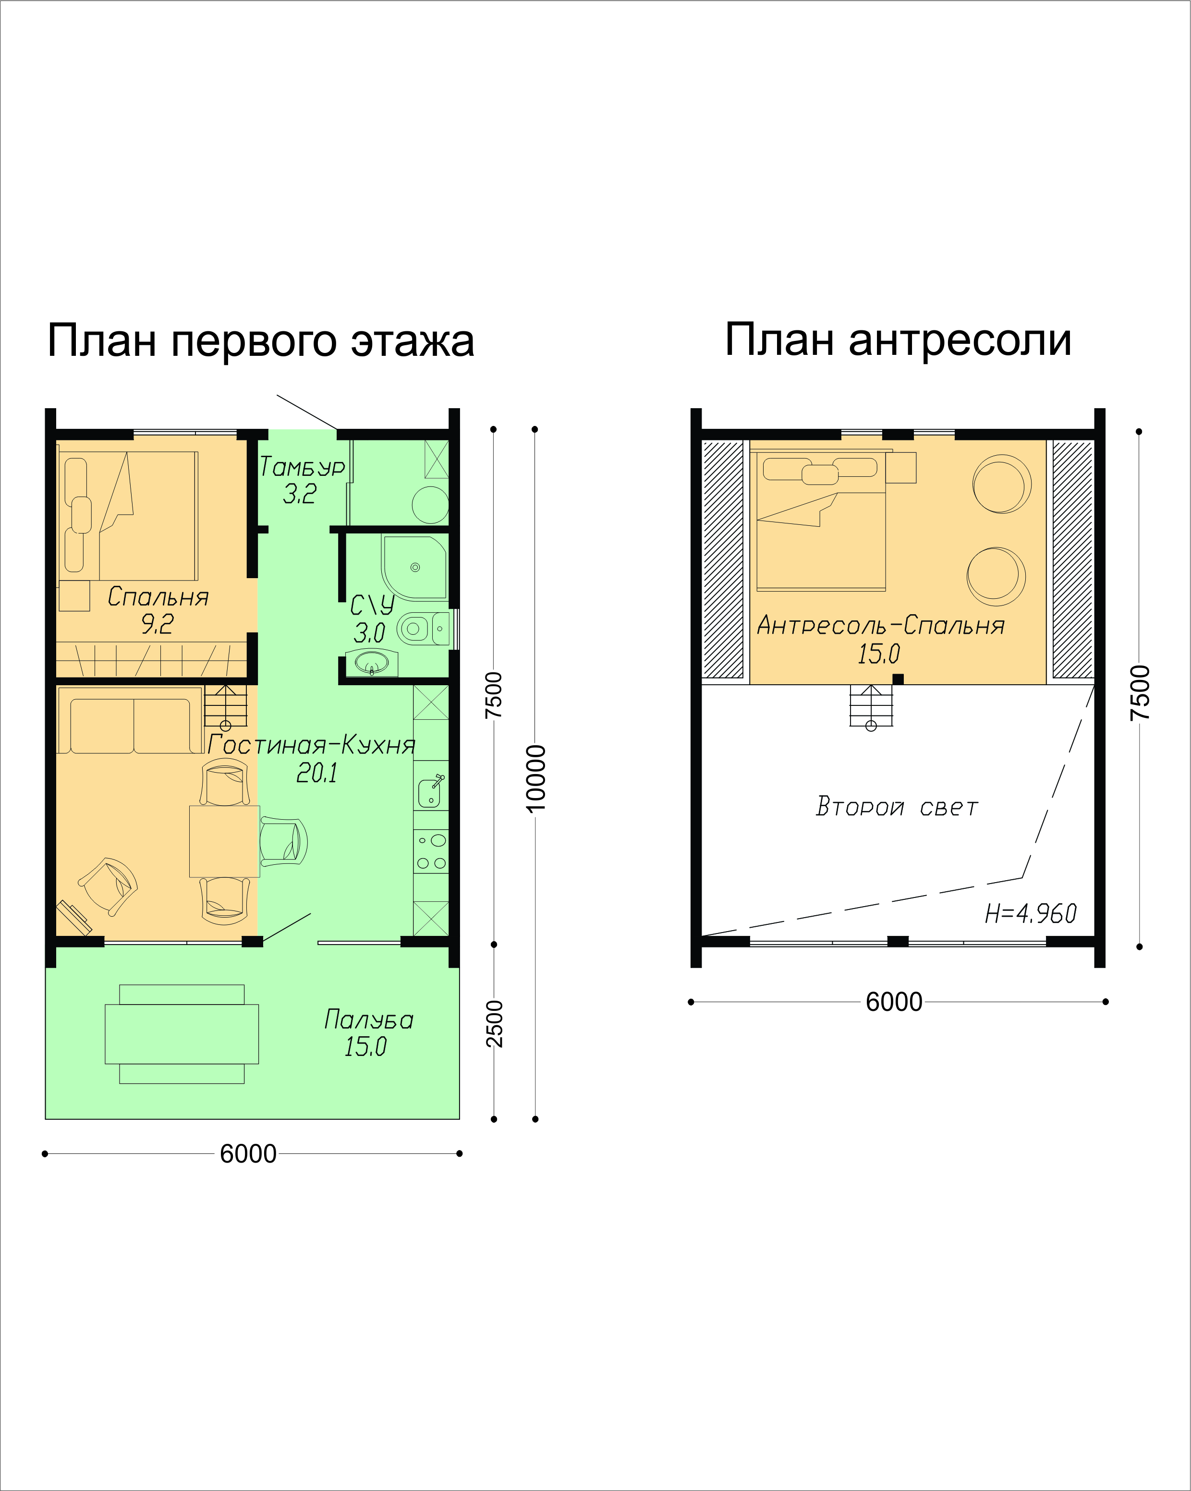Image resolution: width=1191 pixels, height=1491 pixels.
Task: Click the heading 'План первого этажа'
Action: click(261, 340)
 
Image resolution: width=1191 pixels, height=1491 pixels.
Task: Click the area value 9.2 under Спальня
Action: click(157, 624)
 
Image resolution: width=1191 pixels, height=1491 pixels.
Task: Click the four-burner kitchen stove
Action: click(431, 851)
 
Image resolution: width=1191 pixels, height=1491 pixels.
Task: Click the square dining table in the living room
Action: click(225, 841)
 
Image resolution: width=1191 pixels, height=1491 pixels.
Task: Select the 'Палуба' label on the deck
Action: click(369, 1020)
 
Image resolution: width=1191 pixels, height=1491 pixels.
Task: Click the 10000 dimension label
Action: click(536, 778)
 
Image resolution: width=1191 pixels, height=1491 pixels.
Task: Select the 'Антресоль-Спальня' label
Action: click(880, 625)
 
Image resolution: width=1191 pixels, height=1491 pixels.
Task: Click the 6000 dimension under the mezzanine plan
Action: click(894, 1001)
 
